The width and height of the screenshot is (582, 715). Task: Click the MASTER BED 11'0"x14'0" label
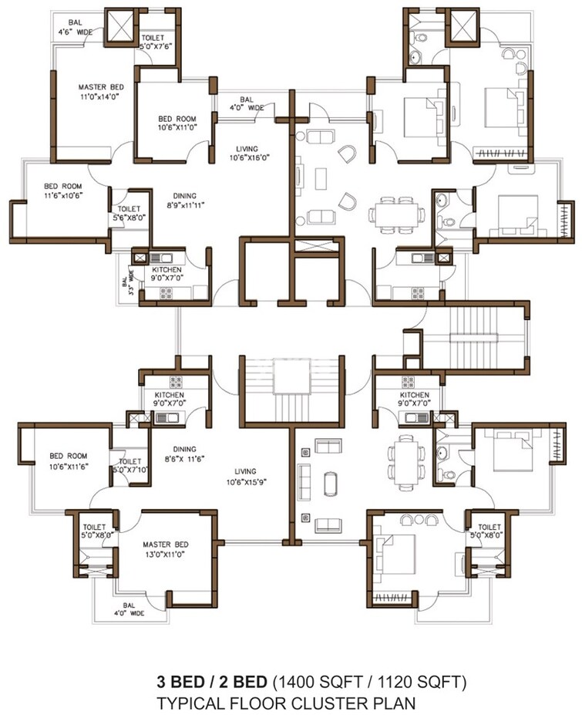click(99, 92)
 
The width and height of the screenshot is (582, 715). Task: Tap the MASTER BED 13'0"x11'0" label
click(164, 548)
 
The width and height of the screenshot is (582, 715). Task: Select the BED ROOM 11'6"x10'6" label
click(62, 191)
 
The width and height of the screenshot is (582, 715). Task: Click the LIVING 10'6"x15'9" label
click(247, 477)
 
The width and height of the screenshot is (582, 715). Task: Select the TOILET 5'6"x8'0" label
click(128, 214)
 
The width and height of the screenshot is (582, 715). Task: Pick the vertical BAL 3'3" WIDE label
click(128, 279)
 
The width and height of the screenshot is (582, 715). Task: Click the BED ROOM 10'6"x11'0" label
click(177, 123)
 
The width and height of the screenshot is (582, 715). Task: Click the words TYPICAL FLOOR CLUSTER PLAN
click(287, 703)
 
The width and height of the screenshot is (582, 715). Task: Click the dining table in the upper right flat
click(395, 213)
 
